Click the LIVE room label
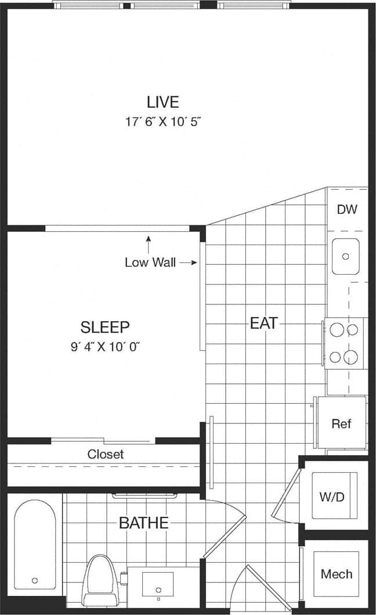162,102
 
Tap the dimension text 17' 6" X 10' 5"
162,122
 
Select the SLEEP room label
105,326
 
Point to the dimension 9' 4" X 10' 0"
105,347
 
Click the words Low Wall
150,262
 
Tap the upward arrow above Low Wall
149,243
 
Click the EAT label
264,323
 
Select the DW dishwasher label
347,210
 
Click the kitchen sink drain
346,256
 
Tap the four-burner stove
344,344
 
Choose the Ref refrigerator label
341,423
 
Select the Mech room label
337,574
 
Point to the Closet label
106,454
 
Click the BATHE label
143,523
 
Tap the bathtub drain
35,580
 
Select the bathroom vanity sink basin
158,584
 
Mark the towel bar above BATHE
144,496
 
